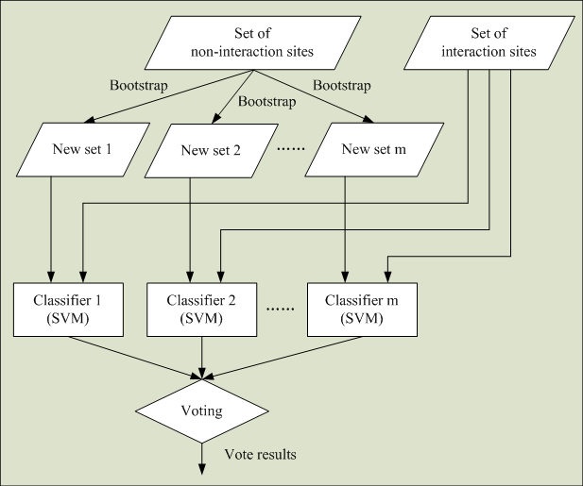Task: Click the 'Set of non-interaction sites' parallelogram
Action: [x=253, y=42]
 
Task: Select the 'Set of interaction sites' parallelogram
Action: [x=489, y=42]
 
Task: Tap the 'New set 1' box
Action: [x=83, y=150]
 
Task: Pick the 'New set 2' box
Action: [x=212, y=151]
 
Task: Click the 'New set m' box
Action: [x=374, y=150]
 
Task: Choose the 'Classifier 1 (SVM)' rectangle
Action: [x=68, y=310]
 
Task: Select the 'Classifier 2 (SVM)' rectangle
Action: [x=201, y=310]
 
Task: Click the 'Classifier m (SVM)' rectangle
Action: [x=362, y=310]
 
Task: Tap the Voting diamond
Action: [x=202, y=411]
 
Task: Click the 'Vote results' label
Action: [x=260, y=455]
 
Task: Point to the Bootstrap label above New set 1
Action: [x=139, y=85]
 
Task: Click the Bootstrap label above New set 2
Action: [x=267, y=101]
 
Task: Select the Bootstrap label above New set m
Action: [x=342, y=85]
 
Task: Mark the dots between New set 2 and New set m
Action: [x=291, y=149]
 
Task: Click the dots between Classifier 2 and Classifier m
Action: [x=281, y=309]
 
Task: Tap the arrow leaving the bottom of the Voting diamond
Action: [x=202, y=459]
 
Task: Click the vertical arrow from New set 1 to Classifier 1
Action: [x=51, y=229]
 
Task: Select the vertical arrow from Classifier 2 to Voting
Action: [x=202, y=358]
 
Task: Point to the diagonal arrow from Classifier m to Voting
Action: [x=283, y=359]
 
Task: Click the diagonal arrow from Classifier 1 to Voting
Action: [x=135, y=359]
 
